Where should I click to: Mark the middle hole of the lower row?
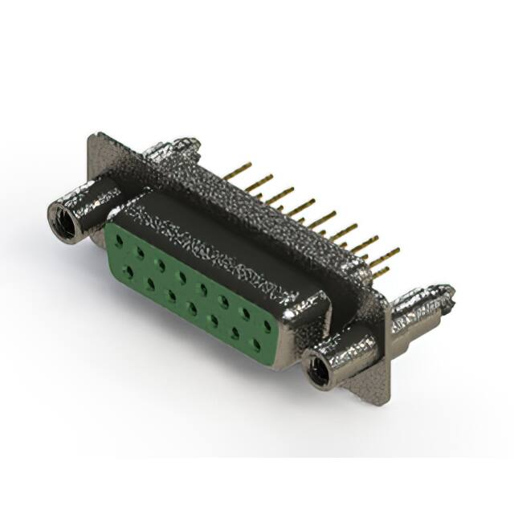tap(192, 307)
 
